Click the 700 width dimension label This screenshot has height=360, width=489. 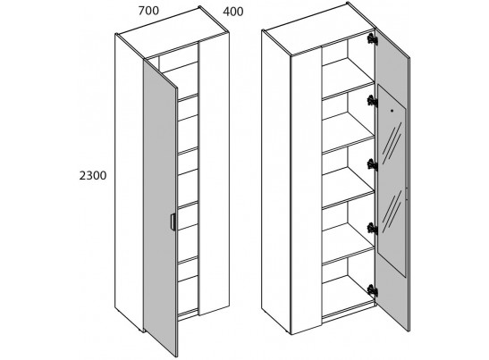[x=148, y=11]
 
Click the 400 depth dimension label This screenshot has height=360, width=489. [x=233, y=12]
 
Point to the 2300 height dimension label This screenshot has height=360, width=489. [x=93, y=176]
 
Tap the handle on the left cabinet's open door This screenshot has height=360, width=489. [x=173, y=222]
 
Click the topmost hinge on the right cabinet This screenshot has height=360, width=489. [x=372, y=38]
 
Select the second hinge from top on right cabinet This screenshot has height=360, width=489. [x=372, y=101]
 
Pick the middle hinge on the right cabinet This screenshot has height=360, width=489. [x=372, y=164]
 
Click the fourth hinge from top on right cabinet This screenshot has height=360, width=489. [x=372, y=229]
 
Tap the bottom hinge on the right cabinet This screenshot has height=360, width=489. [x=372, y=290]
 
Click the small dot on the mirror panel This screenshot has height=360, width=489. [x=392, y=111]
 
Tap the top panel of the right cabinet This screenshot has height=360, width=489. [x=319, y=30]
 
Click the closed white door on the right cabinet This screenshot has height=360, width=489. [x=306, y=191]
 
